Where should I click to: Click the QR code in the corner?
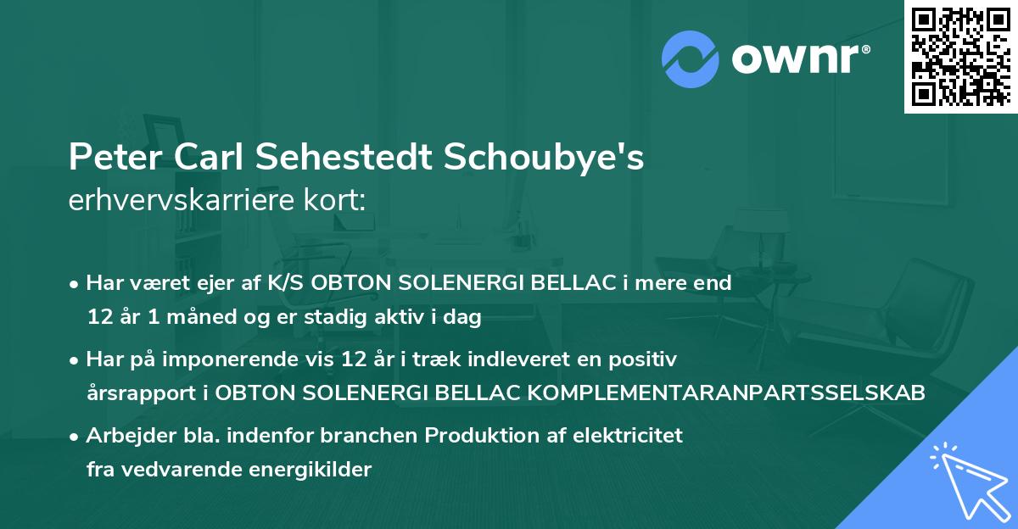coord(961,56)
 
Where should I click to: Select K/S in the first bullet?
coord(287,283)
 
